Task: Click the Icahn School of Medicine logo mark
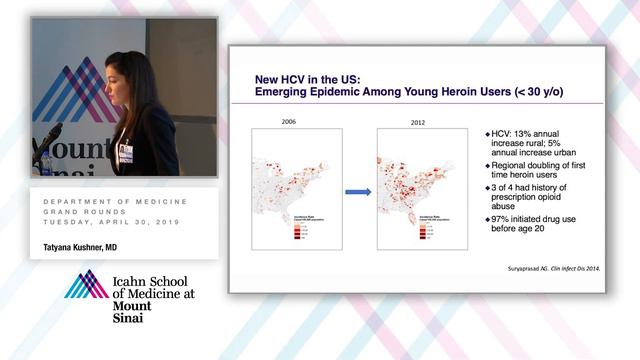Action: click(x=86, y=285)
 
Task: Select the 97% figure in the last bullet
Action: click(x=498, y=219)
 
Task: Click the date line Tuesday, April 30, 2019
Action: click(x=110, y=221)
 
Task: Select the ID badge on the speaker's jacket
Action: click(x=126, y=152)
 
